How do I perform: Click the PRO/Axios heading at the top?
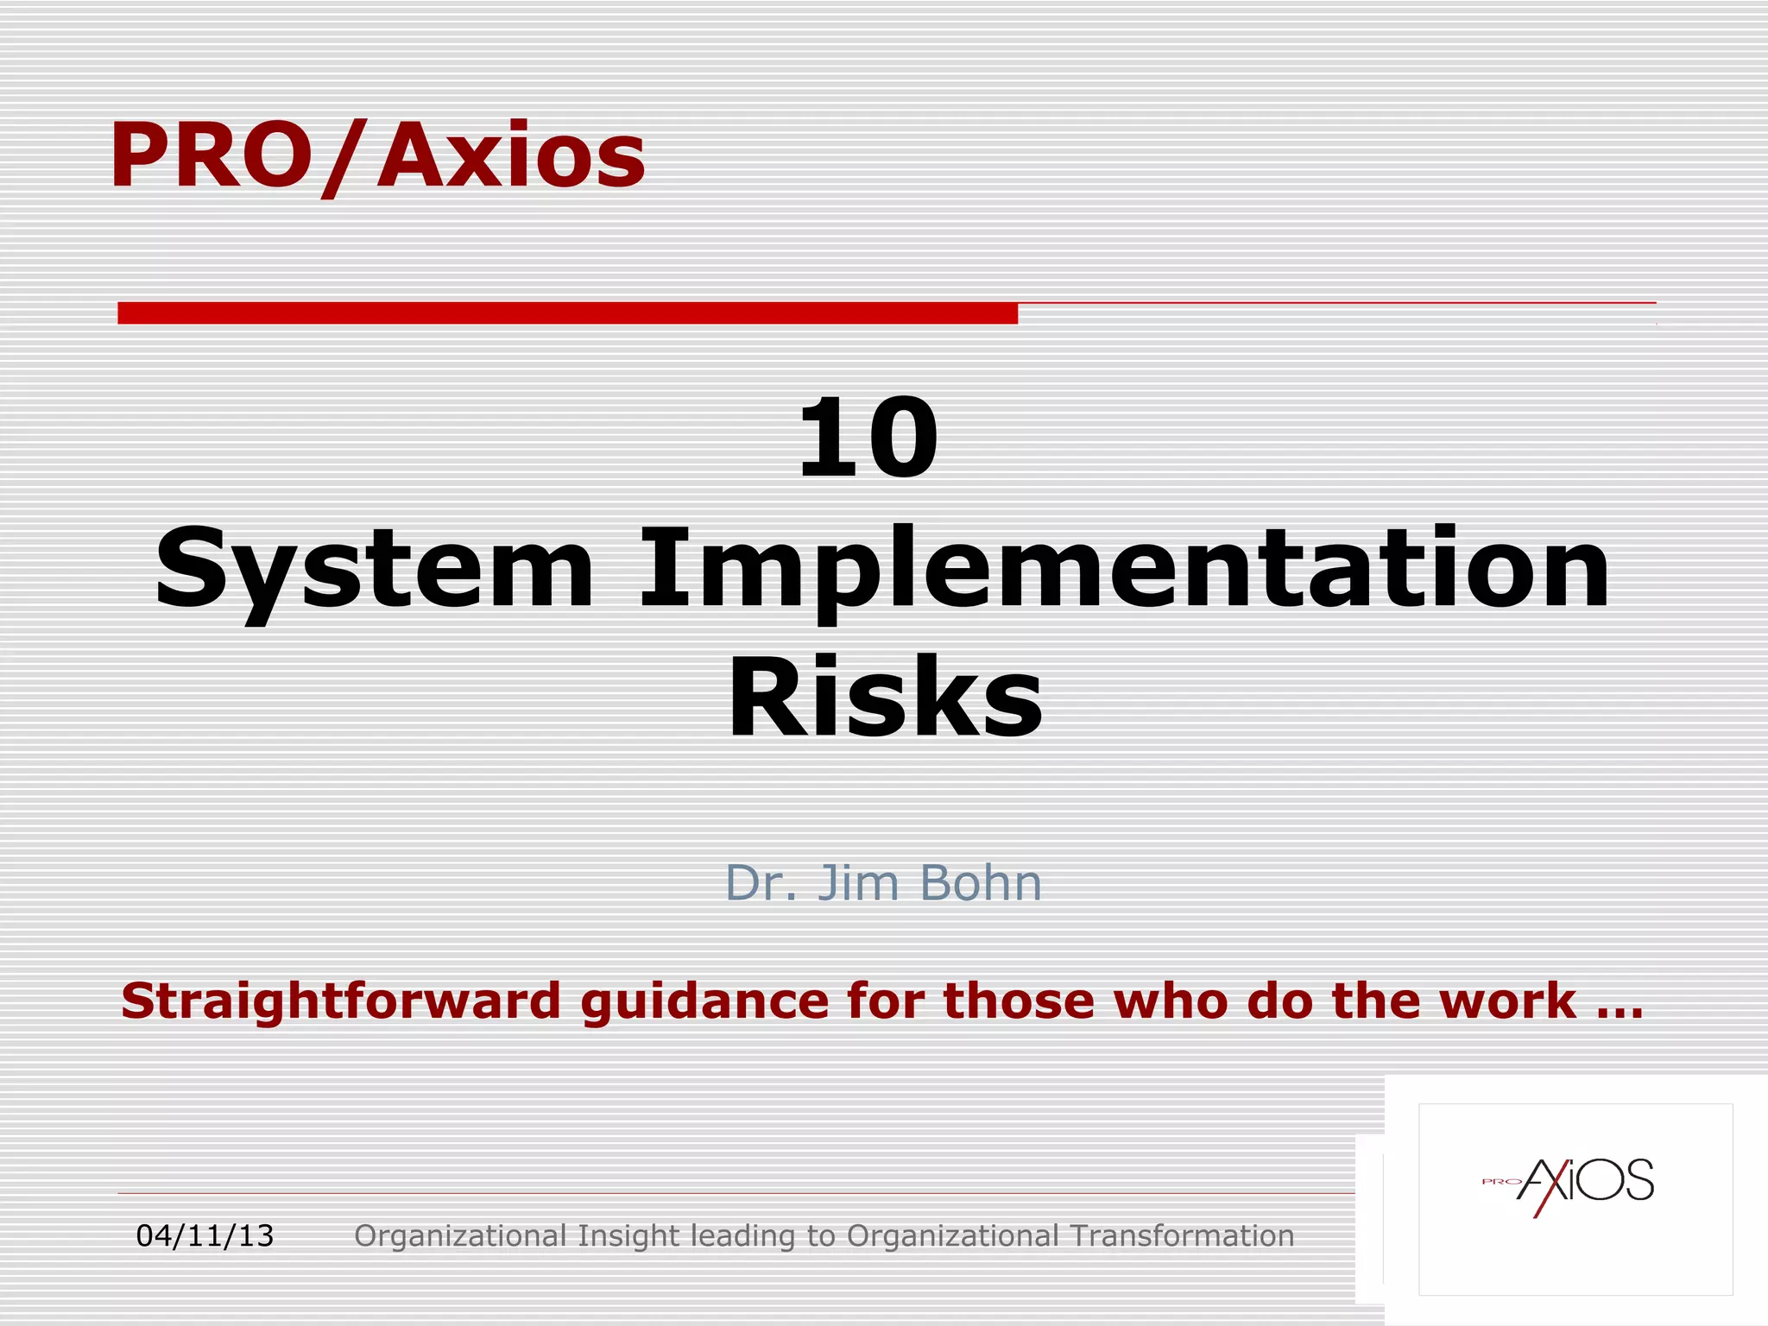coord(377,155)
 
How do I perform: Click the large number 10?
coord(867,438)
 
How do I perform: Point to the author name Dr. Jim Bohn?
coord(883,883)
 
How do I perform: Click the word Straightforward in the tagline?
coord(341,1001)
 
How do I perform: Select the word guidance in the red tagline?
coord(704,1001)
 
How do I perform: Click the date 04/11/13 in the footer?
coord(205,1236)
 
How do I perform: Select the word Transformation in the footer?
coord(1182,1236)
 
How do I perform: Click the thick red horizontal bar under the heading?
coord(567,313)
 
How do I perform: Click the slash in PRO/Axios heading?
coord(344,158)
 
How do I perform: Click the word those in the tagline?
coord(1020,1001)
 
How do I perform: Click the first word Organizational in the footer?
coord(460,1236)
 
